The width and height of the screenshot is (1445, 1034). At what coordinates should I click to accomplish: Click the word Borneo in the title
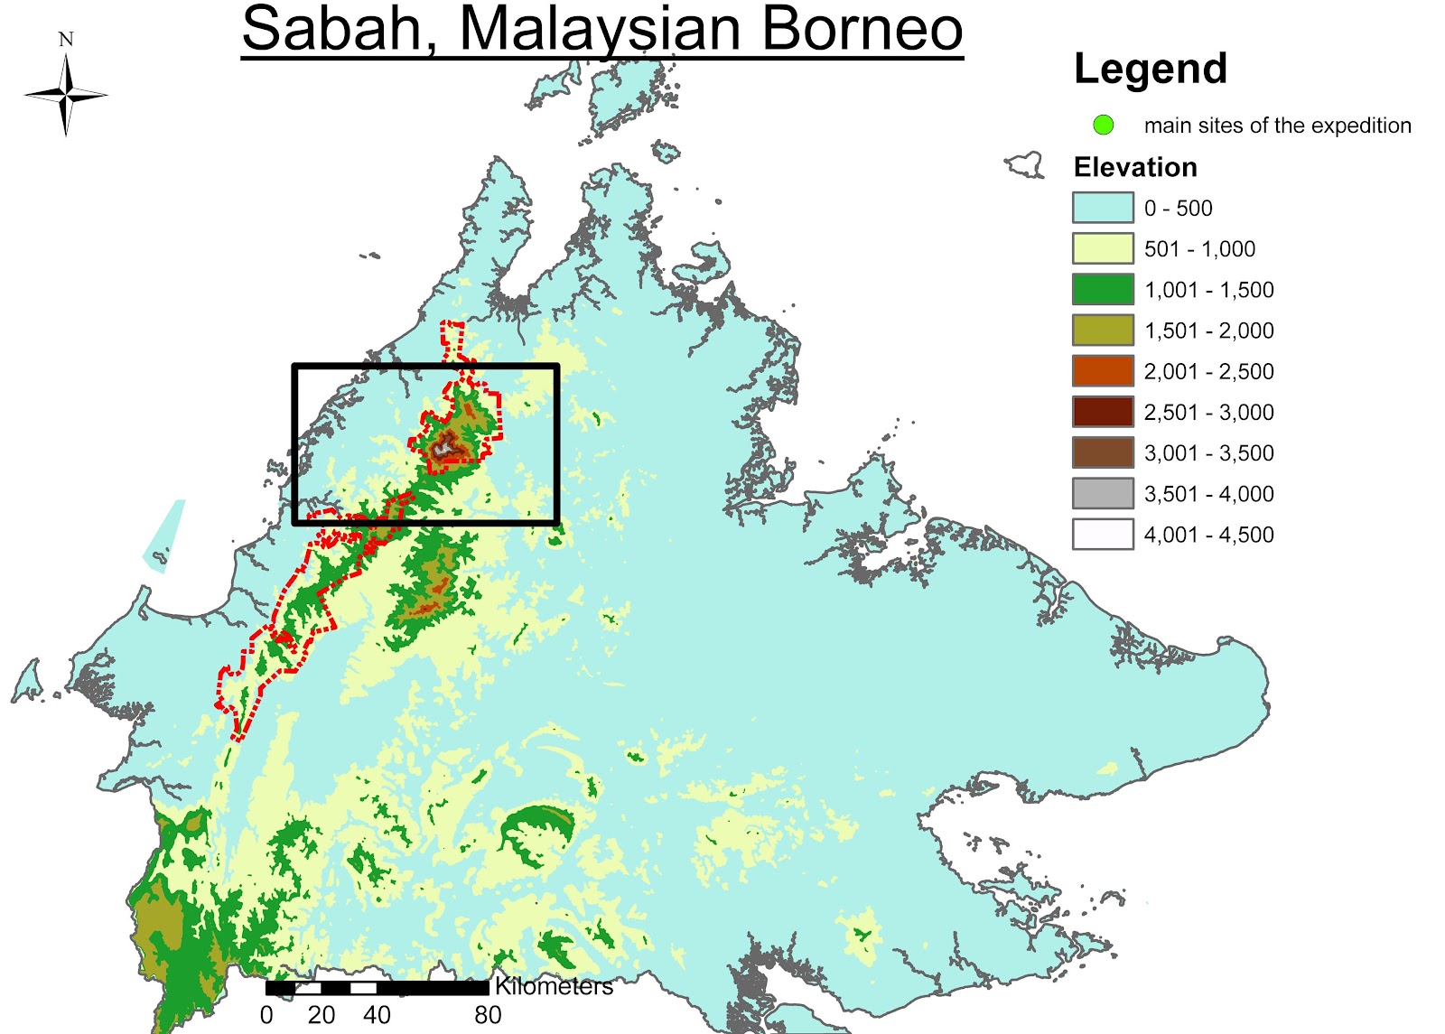pos(862,29)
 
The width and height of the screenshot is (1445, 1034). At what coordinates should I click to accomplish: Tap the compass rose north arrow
pos(66,94)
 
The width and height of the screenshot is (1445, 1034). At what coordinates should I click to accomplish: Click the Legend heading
pos(1150,69)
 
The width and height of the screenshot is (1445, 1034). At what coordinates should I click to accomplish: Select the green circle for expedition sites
pos(1103,126)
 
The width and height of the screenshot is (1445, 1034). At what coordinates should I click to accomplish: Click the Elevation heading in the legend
pos(1135,167)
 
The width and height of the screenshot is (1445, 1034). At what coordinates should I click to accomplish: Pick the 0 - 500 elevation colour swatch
pos(1103,208)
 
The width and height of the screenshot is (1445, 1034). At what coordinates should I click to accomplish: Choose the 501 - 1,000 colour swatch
pos(1103,248)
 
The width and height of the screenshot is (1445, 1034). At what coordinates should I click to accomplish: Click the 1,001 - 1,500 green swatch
pos(1103,290)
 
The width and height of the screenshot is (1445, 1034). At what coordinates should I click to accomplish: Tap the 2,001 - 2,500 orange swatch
pos(1103,371)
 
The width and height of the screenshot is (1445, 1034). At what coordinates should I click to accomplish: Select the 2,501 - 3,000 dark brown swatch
pos(1103,412)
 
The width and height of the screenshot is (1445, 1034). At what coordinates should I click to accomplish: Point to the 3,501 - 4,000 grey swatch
pos(1103,494)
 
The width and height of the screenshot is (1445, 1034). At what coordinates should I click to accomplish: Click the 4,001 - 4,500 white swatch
pos(1103,535)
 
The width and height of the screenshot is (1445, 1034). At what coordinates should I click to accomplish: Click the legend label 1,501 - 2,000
pos(1208,331)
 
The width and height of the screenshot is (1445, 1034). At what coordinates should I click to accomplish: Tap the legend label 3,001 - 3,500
pos(1208,453)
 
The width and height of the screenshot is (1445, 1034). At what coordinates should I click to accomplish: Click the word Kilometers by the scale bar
pos(554,986)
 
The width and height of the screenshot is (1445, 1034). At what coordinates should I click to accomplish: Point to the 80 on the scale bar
pos(488,1015)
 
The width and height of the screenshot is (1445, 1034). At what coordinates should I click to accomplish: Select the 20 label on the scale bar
pos(322,1015)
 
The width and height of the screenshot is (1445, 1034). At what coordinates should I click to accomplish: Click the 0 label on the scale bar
pos(266,1015)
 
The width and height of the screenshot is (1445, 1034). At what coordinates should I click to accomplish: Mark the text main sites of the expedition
pos(1277,126)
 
